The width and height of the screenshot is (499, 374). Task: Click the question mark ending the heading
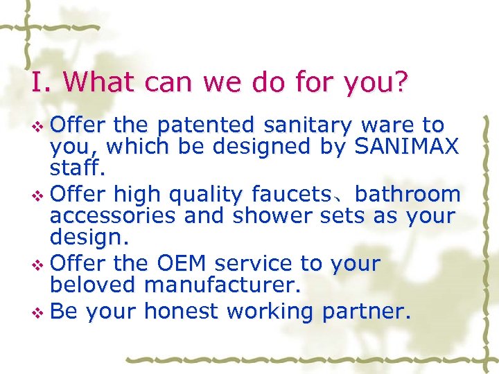[400, 83]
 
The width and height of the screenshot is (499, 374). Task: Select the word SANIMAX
[407, 147]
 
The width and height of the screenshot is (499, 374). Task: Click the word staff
[73, 168]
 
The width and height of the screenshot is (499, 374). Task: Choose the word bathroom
[408, 195]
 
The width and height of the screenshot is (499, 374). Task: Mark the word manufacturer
[219, 285]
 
